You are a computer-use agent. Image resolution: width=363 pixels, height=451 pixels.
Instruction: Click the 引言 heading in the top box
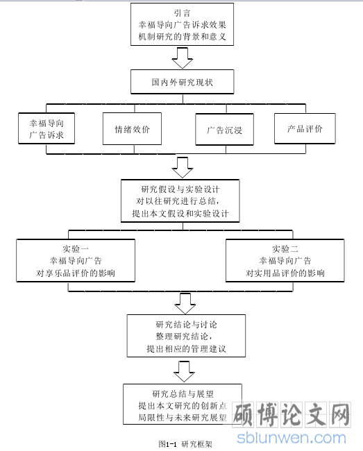click(182, 13)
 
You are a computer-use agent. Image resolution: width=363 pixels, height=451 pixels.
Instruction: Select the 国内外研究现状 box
click(182, 82)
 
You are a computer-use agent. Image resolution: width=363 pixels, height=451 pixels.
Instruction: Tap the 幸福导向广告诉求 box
click(47, 128)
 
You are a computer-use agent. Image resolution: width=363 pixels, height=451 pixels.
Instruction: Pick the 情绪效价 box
click(132, 128)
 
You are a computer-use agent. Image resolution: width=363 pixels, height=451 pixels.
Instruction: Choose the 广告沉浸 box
click(224, 129)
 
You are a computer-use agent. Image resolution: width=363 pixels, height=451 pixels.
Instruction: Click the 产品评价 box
click(305, 128)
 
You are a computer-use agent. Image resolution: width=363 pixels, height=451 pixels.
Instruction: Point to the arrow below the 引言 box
click(182, 58)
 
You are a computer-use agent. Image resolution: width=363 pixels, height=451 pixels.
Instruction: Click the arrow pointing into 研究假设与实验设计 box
click(182, 167)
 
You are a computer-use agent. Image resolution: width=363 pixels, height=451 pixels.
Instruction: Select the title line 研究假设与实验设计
click(180, 189)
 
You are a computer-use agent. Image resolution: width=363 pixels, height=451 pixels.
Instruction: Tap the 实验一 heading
click(76, 249)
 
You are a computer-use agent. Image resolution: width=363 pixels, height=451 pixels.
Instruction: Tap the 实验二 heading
click(285, 249)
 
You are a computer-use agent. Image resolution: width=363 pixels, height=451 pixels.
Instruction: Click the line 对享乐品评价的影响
click(76, 273)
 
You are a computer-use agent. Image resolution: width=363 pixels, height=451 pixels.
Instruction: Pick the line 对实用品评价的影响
click(285, 273)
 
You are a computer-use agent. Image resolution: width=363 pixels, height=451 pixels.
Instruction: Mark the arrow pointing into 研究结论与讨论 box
click(185, 304)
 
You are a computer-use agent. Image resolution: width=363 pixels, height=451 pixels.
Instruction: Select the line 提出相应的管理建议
click(186, 349)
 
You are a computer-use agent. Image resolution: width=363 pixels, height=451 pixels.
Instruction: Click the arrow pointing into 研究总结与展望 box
click(184, 372)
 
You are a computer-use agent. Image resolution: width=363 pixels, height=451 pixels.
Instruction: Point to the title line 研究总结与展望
click(183, 394)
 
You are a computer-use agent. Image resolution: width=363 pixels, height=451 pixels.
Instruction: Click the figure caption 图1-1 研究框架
click(185, 444)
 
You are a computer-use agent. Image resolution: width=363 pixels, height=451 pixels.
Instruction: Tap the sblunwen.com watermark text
click(292, 438)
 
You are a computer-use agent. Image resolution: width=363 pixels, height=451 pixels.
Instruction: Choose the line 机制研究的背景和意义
click(182, 37)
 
